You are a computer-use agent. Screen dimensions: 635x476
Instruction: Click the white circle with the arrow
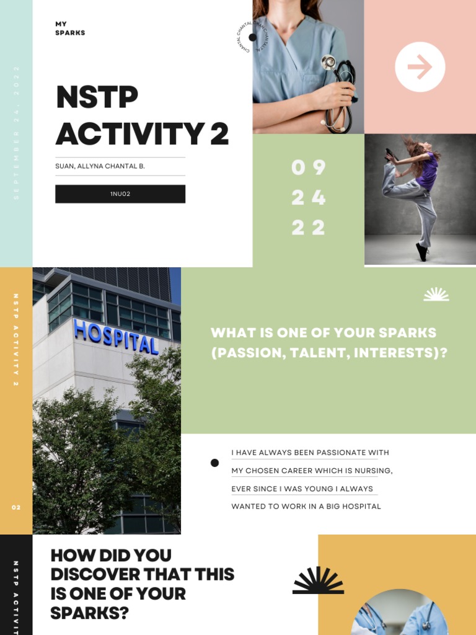(x=420, y=67)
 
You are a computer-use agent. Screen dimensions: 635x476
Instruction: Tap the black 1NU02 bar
(x=120, y=194)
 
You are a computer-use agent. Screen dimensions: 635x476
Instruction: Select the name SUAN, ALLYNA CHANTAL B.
(x=100, y=166)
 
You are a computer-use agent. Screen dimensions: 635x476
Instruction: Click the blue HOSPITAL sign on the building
(x=116, y=337)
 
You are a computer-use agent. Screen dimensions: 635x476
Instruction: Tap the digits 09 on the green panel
(x=308, y=167)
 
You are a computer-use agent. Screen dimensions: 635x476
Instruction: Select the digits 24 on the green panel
(x=308, y=198)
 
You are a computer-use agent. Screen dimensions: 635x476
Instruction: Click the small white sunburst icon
(x=436, y=295)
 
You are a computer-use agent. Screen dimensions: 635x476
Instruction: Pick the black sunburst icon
(x=318, y=580)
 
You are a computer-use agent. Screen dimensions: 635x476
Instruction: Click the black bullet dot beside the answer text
(x=214, y=463)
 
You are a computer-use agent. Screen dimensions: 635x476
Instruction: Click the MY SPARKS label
(x=69, y=29)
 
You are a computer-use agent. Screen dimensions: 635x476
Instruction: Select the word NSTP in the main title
(x=97, y=98)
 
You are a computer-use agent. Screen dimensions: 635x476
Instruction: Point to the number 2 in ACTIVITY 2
(x=219, y=135)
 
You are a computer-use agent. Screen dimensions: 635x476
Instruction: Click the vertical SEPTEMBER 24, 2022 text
(x=16, y=132)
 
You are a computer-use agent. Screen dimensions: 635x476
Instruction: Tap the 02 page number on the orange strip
(x=16, y=507)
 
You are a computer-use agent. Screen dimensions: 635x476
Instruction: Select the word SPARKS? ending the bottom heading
(x=90, y=613)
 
